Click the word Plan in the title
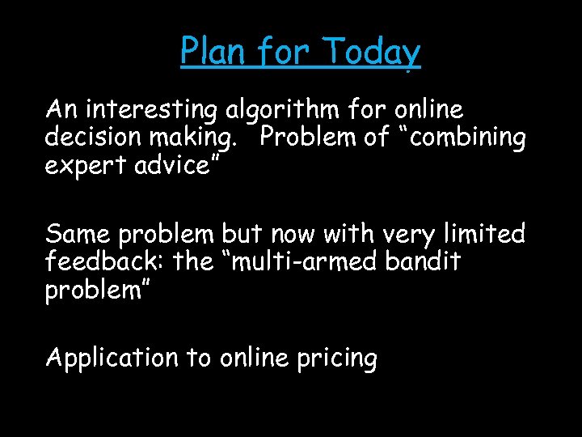coord(207,52)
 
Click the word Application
coord(112,358)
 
